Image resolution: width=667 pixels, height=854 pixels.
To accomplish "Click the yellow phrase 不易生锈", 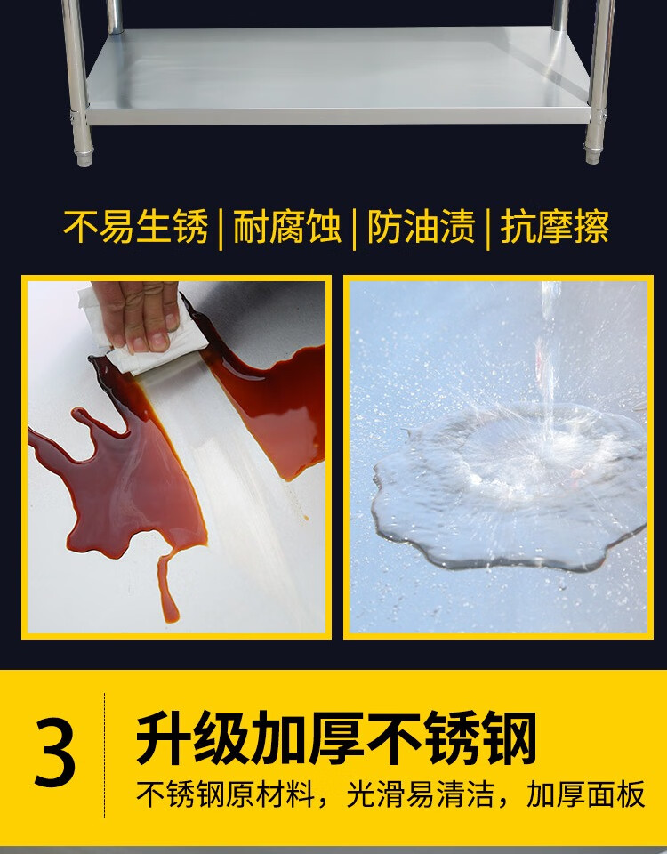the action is (135, 227).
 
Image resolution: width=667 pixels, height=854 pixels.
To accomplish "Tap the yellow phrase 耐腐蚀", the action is (287, 227).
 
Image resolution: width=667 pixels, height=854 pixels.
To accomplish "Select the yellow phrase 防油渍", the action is (421, 227).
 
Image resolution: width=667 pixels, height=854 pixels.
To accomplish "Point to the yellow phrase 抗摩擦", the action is (554, 227).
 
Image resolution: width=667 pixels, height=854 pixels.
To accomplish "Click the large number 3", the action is (55, 753).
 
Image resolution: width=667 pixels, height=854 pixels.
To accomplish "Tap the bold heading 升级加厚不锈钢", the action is (336, 738).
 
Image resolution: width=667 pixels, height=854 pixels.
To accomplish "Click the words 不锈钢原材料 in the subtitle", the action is (225, 794).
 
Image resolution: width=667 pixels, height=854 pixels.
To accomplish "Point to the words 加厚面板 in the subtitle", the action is (586, 794).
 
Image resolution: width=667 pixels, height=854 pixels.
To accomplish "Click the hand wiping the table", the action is (139, 315).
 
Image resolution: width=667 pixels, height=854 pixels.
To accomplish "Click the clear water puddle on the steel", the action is (509, 490).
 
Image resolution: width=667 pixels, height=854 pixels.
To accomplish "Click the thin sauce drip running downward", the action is (168, 589).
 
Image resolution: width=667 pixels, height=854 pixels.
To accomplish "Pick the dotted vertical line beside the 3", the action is (105, 755).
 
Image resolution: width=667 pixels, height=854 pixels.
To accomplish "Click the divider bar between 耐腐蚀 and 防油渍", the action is (355, 229).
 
